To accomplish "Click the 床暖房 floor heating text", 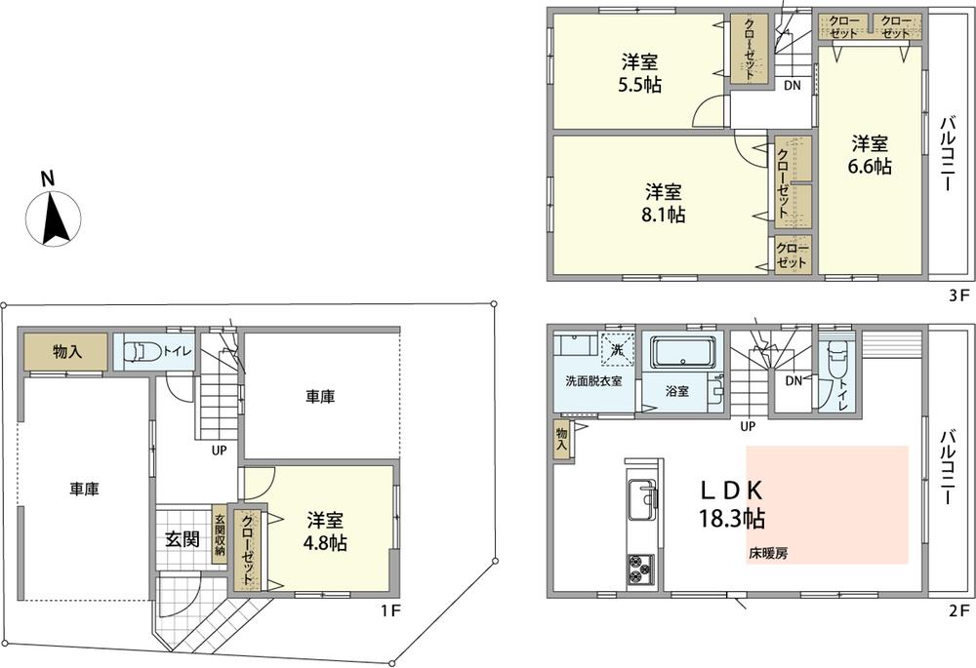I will click(768, 553).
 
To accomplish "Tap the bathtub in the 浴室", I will click(683, 351).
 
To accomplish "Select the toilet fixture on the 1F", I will click(142, 351).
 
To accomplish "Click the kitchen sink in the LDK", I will click(640, 500).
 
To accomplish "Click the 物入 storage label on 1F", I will click(66, 352).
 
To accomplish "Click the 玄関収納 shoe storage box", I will click(221, 535).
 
